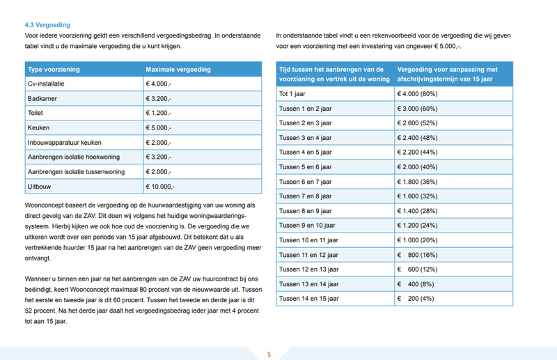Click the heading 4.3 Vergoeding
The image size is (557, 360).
pyautogui.click(x=42, y=24)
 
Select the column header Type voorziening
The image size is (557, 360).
pyautogui.click(x=54, y=70)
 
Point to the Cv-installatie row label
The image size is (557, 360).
pyautogui.click(x=46, y=84)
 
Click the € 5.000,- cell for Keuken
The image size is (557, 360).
pyautogui.click(x=159, y=128)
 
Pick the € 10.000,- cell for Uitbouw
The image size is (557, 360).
pyautogui.click(x=161, y=187)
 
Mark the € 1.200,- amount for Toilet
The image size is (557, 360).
pyautogui.click(x=159, y=114)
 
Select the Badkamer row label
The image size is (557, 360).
pyautogui.click(x=42, y=99)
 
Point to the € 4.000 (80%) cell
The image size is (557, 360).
pyautogui.click(x=417, y=93)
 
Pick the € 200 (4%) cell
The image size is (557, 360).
pyautogui.click(x=416, y=298)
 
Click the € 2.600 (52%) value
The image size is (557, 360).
pyautogui.click(x=417, y=123)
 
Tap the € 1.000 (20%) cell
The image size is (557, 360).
pyautogui.click(x=417, y=240)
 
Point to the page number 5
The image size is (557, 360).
pyautogui.click(x=269, y=354)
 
